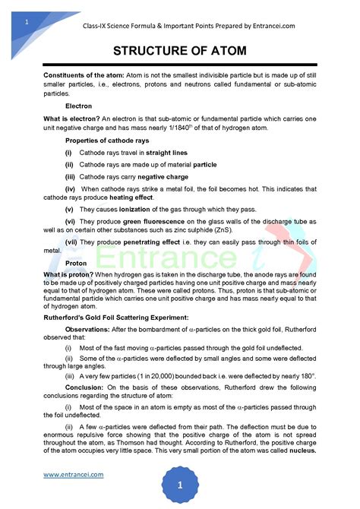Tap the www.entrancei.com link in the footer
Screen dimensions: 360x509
click(73, 475)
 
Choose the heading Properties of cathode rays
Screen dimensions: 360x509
click(107, 141)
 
